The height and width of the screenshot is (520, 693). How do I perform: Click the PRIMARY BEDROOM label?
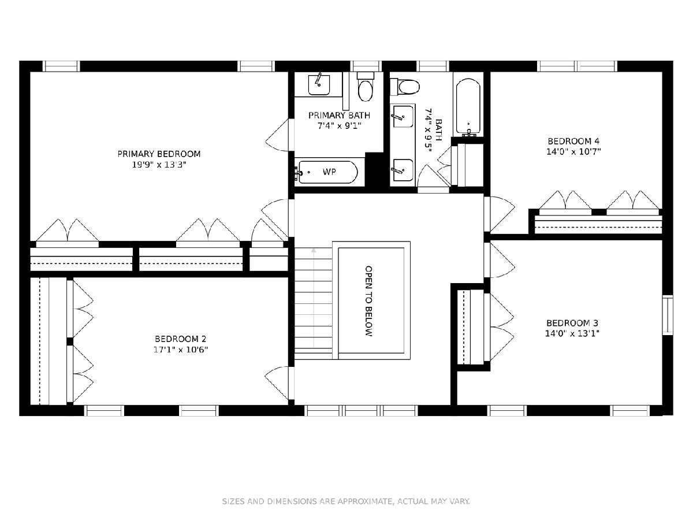coord(159,154)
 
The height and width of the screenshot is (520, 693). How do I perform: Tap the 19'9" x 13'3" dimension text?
coord(159,165)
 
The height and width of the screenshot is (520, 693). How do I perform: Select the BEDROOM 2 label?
coord(180,339)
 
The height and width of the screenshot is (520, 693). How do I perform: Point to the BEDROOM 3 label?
coord(572,323)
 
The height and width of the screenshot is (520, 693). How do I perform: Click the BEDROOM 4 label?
coord(573,141)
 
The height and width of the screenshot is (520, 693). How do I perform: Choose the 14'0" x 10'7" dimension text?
coord(573,152)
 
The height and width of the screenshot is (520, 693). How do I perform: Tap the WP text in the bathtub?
coord(329,172)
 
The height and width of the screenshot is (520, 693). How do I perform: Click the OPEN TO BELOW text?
coord(368,301)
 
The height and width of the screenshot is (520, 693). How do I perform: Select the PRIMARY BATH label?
coord(339,115)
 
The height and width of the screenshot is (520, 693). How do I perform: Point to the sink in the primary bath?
coord(319,84)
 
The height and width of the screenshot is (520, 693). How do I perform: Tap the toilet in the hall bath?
coord(405,87)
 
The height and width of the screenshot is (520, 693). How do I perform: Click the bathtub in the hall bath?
coord(468,107)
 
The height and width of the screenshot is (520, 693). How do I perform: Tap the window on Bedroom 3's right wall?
coord(668,315)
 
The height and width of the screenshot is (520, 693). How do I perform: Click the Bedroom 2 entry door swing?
coord(277,382)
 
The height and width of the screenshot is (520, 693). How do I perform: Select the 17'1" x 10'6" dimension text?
coord(180,350)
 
